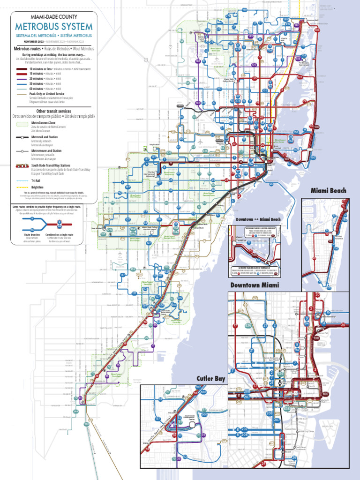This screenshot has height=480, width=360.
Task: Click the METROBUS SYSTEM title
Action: [x=54, y=27]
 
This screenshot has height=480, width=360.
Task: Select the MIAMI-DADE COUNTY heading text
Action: [x=54, y=17]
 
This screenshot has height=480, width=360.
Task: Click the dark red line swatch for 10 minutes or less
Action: [x=21, y=69]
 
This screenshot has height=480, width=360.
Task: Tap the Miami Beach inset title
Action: [x=328, y=190]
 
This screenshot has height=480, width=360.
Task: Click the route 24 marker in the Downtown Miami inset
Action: [x=264, y=464]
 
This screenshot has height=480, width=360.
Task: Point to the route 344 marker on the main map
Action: [x=75, y=412]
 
